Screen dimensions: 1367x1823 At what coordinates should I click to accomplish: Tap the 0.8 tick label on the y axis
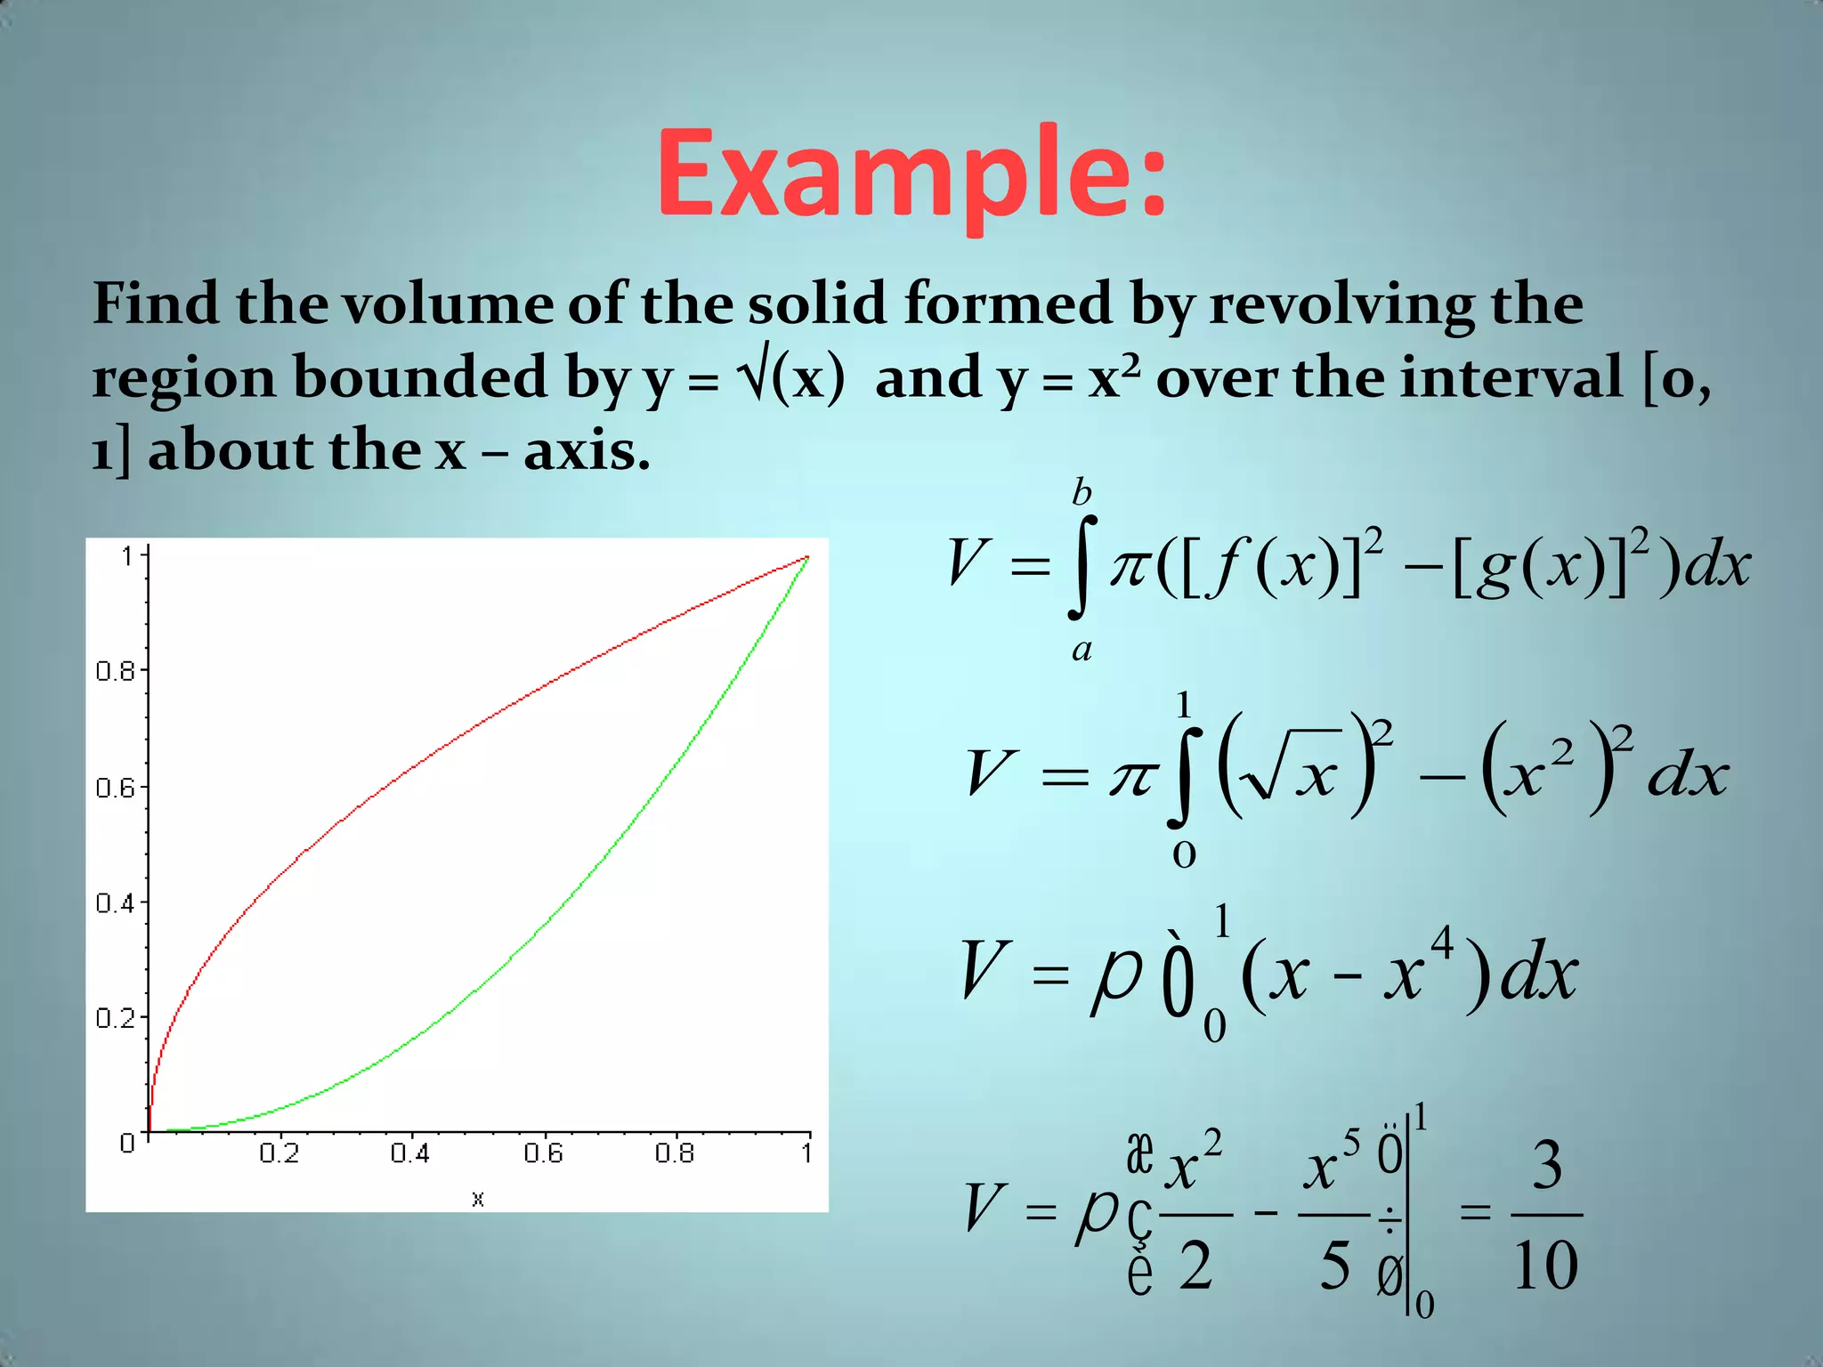pos(115,672)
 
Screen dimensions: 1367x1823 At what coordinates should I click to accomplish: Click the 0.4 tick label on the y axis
pos(115,904)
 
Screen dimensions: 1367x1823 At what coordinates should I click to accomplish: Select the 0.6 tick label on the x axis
pos(543,1154)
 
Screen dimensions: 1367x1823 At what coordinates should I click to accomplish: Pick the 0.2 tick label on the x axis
pos(279,1154)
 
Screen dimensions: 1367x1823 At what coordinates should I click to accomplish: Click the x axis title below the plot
pos(478,1199)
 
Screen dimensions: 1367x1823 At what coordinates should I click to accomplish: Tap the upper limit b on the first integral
pos(1082,492)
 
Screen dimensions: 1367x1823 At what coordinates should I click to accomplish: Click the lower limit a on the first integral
pos(1082,651)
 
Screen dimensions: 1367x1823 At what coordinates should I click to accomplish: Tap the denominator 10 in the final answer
pos(1546,1265)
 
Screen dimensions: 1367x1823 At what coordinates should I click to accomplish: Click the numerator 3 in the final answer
pos(1547,1166)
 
